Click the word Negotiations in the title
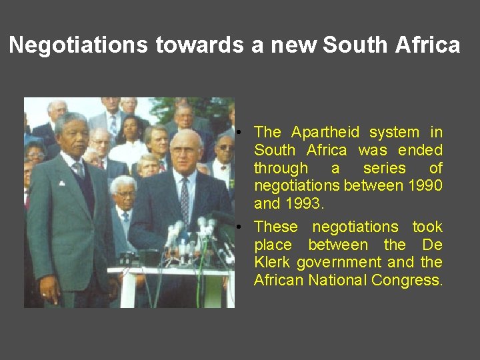[79, 45]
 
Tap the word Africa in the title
[427, 45]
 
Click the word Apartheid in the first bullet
[325, 132]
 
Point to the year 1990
[421, 186]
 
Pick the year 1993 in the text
[305, 203]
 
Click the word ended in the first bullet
[420, 150]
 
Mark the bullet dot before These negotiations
[246, 227]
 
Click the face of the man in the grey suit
[71, 133]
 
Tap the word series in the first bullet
[384, 168]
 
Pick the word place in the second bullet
[273, 245]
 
